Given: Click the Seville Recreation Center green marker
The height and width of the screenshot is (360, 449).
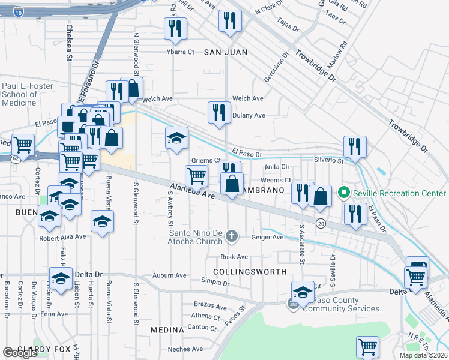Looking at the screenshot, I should point(343,193).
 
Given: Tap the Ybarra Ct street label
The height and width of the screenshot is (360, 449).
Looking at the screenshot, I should point(181,52).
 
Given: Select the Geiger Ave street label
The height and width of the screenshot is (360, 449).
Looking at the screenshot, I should point(270,237).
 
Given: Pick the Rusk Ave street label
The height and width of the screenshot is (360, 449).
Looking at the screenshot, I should point(234,257).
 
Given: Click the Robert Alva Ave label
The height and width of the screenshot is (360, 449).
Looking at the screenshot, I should point(63,236).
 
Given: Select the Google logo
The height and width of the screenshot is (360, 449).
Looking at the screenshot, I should point(20,352).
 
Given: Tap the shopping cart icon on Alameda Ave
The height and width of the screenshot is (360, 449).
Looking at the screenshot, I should point(196,176).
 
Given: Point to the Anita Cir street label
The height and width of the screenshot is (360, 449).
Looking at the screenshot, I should point(277,166).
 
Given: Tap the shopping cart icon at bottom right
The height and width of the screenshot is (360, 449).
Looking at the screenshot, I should point(367,346).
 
